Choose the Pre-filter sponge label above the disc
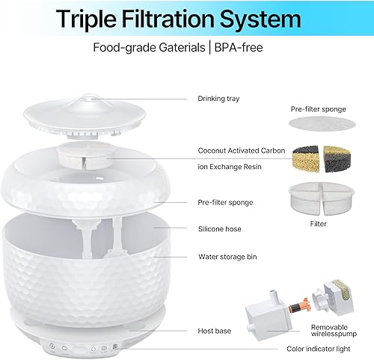(x=318, y=109)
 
